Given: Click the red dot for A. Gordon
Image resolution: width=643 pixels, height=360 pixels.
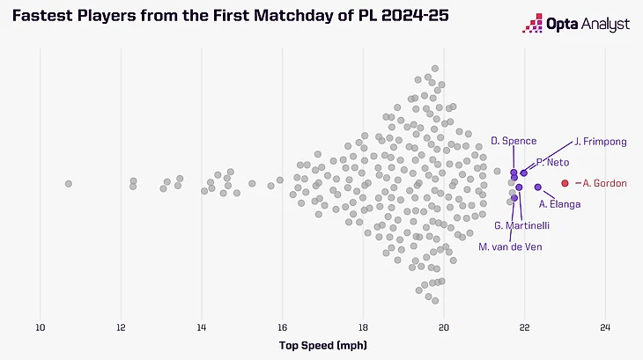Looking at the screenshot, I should click(x=565, y=183).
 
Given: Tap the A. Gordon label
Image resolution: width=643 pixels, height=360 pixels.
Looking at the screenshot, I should click(x=604, y=183).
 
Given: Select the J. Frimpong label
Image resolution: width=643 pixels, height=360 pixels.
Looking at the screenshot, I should click(x=601, y=141).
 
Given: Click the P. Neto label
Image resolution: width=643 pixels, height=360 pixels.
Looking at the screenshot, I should click(x=552, y=163).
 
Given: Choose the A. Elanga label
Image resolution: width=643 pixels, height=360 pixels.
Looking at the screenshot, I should click(x=559, y=204).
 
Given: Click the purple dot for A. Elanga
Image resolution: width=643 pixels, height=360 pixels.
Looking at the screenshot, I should click(x=538, y=187).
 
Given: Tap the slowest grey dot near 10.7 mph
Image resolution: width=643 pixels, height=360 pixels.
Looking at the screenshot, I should click(x=69, y=183).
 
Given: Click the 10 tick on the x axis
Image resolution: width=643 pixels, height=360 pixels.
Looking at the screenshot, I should click(x=40, y=327).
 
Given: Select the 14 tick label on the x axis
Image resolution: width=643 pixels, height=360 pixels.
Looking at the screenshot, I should click(x=202, y=327).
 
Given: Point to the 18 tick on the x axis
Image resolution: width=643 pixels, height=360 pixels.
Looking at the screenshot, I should click(x=363, y=327).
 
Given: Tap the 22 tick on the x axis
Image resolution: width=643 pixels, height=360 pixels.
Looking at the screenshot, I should click(x=525, y=327).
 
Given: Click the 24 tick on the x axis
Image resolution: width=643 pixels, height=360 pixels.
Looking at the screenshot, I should click(x=605, y=327).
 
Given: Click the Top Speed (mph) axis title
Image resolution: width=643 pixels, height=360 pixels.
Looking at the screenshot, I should click(x=322, y=345).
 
